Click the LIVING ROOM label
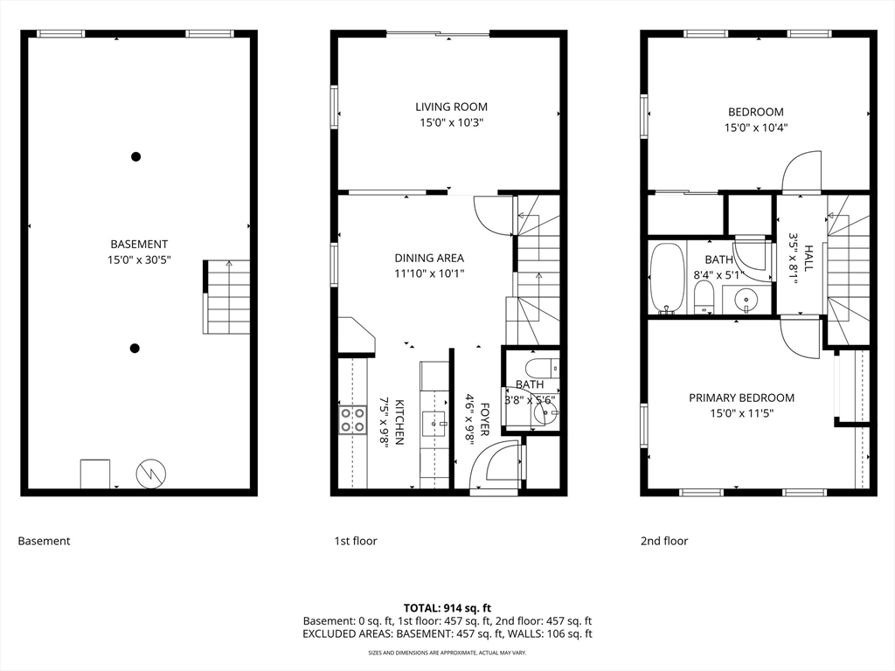click(x=451, y=107)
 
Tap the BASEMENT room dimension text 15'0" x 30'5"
click(x=139, y=260)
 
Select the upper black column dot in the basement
click(x=135, y=156)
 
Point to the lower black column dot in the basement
click(x=135, y=348)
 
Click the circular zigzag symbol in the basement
click(x=151, y=474)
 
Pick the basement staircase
click(x=226, y=297)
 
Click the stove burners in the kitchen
click(x=353, y=420)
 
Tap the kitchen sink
click(x=434, y=423)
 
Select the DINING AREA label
click(x=429, y=258)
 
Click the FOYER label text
click(x=484, y=419)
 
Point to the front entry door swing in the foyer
click(x=495, y=465)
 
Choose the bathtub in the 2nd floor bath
click(x=667, y=279)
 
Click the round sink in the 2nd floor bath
click(x=746, y=299)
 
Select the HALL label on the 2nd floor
click(x=808, y=258)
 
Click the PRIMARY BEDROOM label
click(x=741, y=398)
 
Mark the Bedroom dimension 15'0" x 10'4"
click(x=756, y=128)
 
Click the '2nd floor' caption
click(x=664, y=541)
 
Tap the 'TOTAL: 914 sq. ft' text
click(x=447, y=608)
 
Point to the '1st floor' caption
click(x=356, y=541)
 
